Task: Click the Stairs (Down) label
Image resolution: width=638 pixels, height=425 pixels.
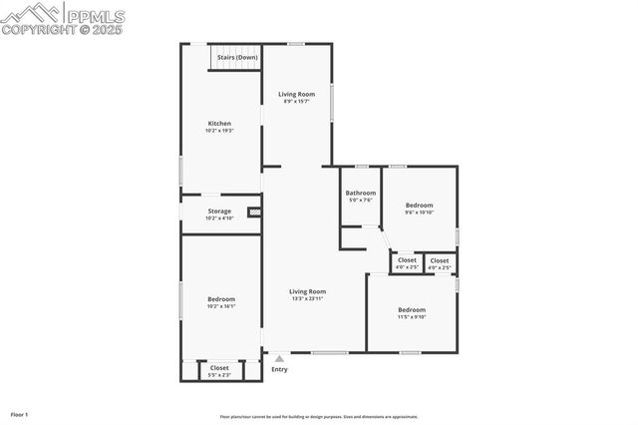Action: coord(238,58)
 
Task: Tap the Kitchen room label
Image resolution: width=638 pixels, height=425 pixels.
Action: coord(219,124)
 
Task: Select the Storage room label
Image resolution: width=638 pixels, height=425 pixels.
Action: coord(219,211)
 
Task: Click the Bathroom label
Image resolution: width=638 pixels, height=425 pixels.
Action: coord(361,193)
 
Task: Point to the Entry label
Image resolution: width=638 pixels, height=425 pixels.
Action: coord(279,369)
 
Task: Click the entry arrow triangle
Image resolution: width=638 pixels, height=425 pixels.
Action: coord(279,358)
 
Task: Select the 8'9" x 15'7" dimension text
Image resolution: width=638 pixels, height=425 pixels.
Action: coord(296,101)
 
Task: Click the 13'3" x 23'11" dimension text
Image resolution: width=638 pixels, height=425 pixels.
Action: coord(308,298)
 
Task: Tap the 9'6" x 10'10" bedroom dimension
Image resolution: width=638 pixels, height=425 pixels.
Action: coord(418,212)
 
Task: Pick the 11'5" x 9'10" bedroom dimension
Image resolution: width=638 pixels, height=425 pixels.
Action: coord(412,317)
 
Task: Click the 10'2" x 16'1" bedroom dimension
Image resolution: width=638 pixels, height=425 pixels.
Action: coord(221,306)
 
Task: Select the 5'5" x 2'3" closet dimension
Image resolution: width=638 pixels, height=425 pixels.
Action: coord(219,374)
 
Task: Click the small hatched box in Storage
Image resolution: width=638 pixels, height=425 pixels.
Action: coord(254,212)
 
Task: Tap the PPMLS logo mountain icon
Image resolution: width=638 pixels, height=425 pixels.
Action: coord(30,12)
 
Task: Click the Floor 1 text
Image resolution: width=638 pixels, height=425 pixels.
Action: coord(20,414)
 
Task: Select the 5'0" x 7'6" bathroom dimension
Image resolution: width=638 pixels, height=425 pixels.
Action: coord(361,200)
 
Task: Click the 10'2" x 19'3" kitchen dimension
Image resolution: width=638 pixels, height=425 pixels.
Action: coord(219,131)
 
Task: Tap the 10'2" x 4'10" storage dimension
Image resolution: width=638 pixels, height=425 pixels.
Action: coord(219,217)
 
